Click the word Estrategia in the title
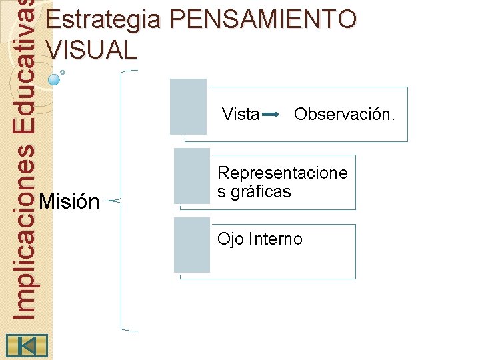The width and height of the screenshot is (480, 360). tap(103, 20)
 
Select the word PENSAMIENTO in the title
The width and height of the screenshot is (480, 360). tap(263, 20)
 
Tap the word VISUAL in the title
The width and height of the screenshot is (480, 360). tap(91, 50)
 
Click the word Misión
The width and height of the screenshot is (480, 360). tap(69, 201)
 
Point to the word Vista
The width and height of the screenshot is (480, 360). tap(240, 115)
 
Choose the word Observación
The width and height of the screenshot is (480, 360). tap(344, 115)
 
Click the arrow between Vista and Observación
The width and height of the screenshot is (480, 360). tap(271, 115)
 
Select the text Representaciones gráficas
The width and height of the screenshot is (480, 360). tap(283, 183)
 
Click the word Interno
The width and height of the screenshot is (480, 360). tap(275, 239)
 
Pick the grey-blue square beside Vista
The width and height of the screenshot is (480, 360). tap(188, 107)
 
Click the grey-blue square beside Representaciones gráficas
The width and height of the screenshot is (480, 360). tap(191, 176)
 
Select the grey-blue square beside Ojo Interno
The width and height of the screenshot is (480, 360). tap(191, 245)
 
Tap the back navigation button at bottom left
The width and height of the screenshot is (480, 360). tap(27, 345)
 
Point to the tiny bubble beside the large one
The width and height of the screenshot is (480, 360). tap(63, 71)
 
